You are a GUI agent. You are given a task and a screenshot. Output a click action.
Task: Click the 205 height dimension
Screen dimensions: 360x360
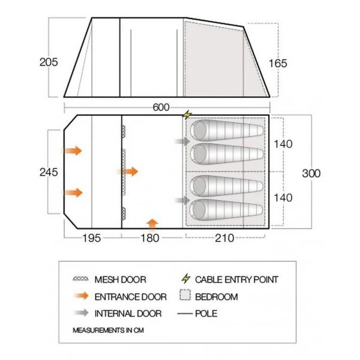(49, 62)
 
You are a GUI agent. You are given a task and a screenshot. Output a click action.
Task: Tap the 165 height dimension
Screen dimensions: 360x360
(278, 64)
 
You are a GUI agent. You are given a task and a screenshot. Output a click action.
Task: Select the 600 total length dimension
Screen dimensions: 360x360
(161, 107)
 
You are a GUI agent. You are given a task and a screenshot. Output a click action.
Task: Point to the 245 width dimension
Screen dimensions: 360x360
(49, 172)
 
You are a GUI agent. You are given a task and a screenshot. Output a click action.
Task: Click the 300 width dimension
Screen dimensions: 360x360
(311, 173)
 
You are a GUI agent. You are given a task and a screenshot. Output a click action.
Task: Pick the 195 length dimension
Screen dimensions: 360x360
(92, 238)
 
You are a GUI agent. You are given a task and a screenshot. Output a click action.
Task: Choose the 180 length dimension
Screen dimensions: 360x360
(150, 238)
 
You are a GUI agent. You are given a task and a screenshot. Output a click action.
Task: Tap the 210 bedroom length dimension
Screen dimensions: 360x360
(224, 238)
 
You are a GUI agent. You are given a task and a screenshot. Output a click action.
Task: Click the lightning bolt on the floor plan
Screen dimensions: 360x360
(187, 115)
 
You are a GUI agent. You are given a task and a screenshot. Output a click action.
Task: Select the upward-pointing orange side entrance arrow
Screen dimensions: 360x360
(152, 224)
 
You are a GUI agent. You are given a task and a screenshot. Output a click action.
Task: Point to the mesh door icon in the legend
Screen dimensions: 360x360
(80, 279)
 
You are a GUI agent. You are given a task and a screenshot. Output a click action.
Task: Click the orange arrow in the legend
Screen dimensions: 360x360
(81, 296)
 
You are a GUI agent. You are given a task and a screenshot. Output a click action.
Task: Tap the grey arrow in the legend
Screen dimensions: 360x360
(81, 313)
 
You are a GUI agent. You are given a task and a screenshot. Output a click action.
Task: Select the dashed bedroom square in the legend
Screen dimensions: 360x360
(185, 295)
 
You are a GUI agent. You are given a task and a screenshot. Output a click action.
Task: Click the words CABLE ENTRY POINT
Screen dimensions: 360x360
(237, 280)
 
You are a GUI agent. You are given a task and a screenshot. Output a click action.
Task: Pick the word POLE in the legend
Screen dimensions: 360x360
(206, 314)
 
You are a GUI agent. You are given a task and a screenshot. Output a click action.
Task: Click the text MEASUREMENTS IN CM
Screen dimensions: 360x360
(108, 331)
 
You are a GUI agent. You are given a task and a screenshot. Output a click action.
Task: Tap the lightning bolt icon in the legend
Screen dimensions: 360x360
(186, 278)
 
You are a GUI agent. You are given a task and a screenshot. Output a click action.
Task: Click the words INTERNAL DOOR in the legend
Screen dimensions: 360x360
(128, 314)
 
